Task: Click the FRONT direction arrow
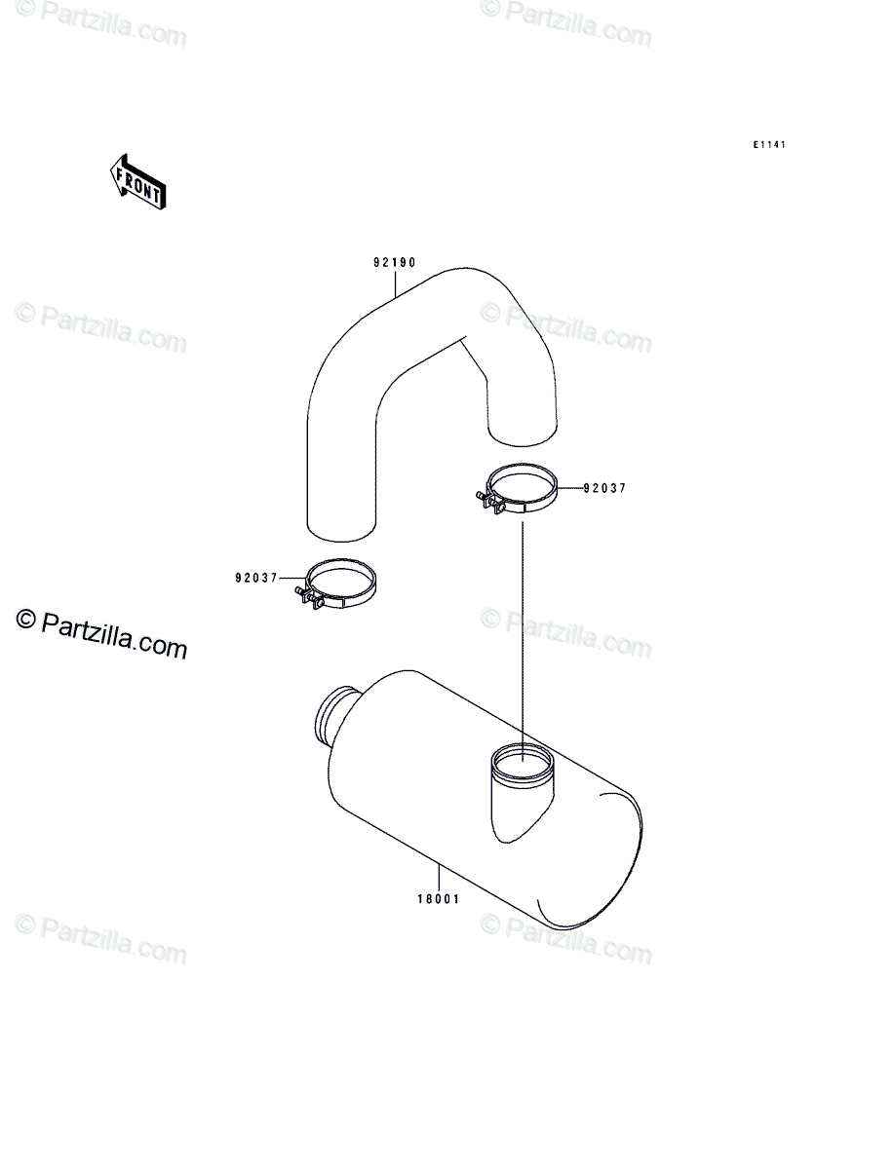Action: point(137,182)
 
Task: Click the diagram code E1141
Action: point(768,145)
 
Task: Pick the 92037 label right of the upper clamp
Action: point(603,490)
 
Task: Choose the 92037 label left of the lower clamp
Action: point(256,577)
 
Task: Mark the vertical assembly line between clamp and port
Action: point(524,633)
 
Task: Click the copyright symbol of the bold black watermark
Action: point(25,620)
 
